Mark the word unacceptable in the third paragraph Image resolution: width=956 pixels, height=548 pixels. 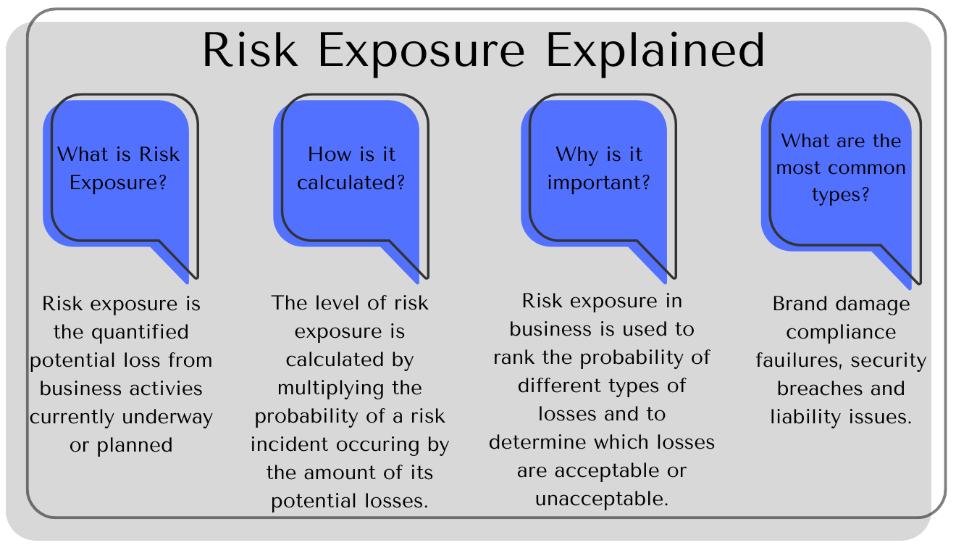(601, 499)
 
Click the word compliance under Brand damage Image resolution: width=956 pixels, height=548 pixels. (841, 332)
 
